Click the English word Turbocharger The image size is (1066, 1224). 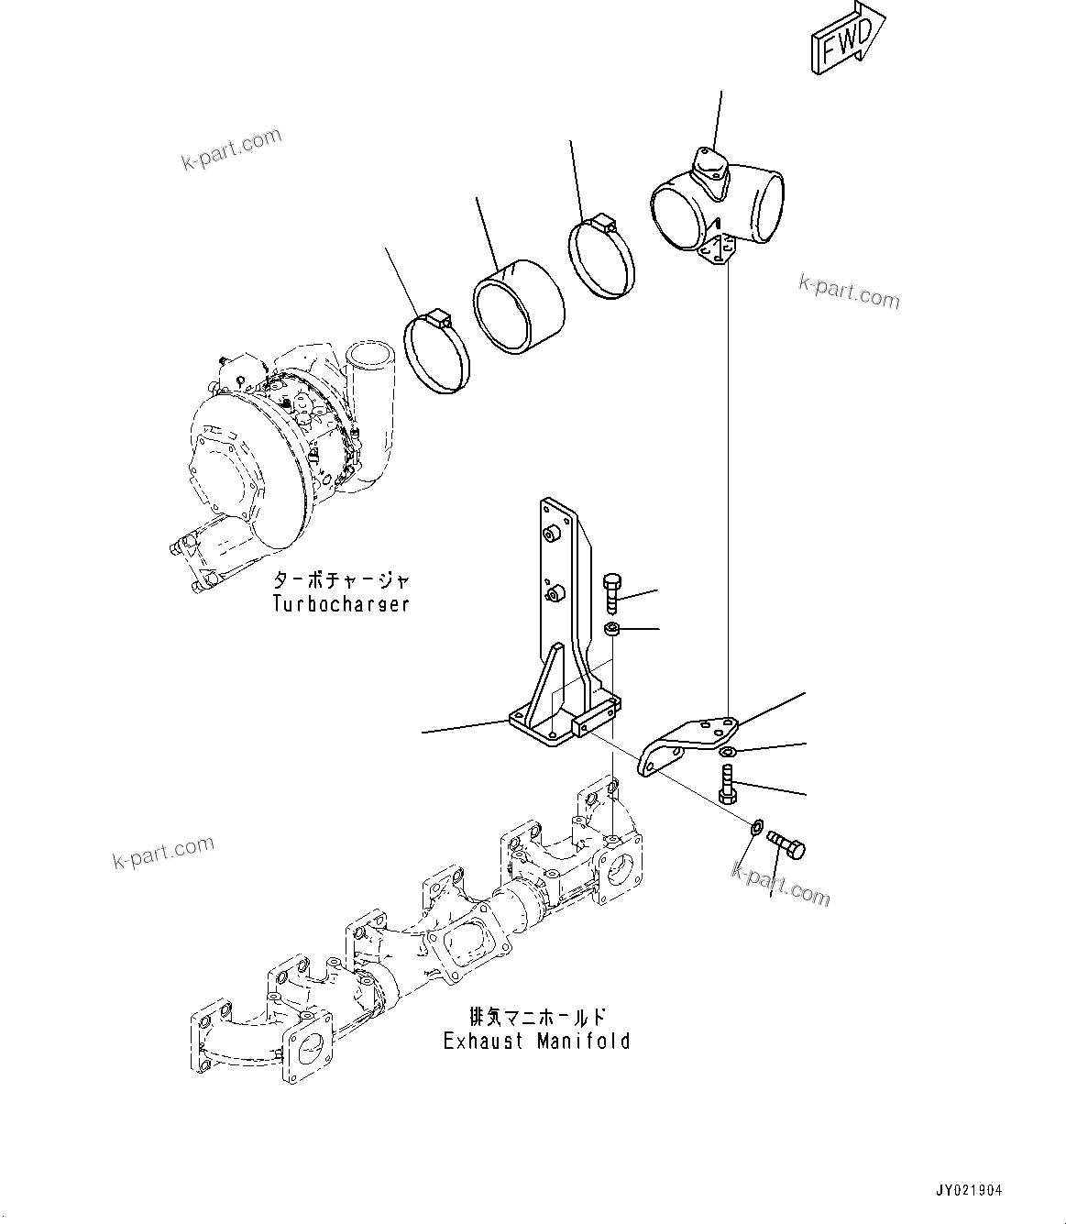(x=340, y=604)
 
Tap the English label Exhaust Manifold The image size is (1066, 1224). (x=537, y=1041)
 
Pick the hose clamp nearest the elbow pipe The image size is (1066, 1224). (x=603, y=257)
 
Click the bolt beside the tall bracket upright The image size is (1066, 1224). (x=612, y=592)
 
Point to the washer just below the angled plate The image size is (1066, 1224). (x=726, y=753)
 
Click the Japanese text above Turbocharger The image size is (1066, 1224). (x=340, y=580)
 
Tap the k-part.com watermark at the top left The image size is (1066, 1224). (x=232, y=150)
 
